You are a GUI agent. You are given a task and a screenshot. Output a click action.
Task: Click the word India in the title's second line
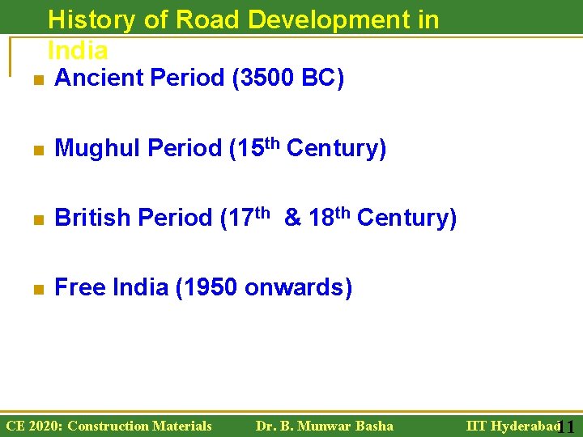pos(78,50)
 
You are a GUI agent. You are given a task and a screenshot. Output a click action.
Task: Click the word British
pos(92,218)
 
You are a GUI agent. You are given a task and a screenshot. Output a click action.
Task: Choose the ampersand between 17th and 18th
pos(291,218)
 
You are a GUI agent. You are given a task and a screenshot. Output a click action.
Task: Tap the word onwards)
pos(298,288)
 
